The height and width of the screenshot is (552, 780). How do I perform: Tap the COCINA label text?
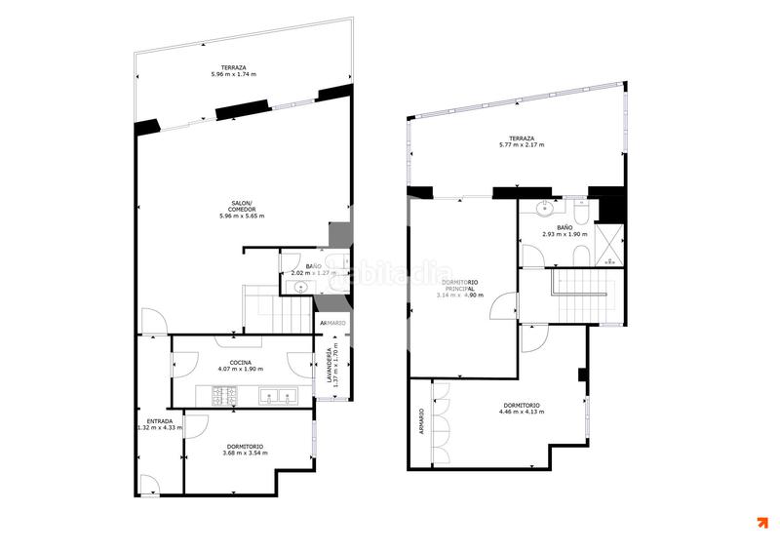(x=242, y=362)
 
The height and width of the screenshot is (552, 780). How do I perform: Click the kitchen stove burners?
(x=226, y=396)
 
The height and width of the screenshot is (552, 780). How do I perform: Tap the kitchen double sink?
(x=277, y=396)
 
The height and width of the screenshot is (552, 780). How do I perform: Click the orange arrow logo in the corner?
(x=761, y=523)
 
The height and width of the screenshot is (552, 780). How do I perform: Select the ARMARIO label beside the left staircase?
(x=331, y=323)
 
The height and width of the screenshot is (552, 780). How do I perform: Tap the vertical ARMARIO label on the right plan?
(x=421, y=421)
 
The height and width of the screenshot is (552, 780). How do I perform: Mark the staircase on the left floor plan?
(x=277, y=309)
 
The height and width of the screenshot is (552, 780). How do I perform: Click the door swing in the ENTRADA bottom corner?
(x=149, y=484)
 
